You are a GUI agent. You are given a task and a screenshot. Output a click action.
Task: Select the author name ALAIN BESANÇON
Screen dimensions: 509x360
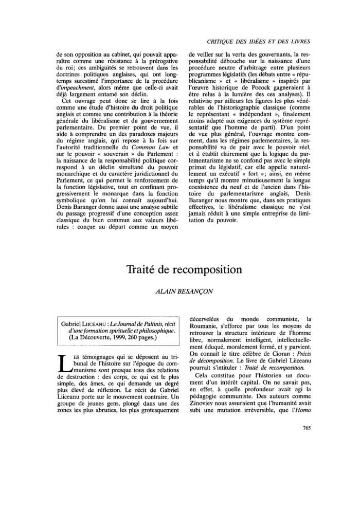(179, 291)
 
